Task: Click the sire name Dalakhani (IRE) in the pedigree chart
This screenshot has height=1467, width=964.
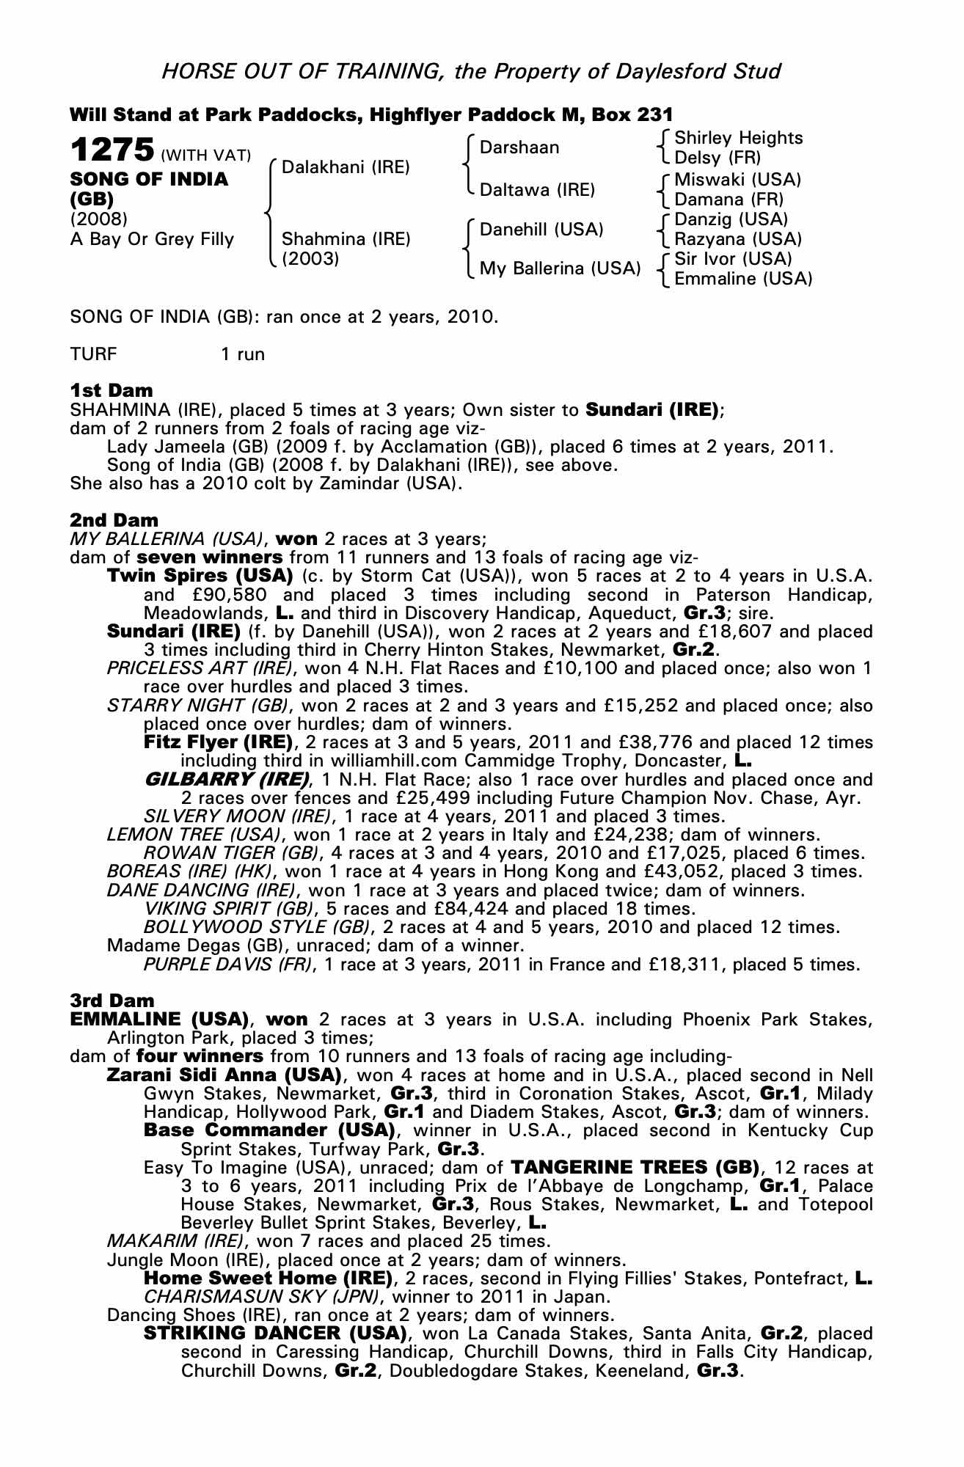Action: click(x=346, y=167)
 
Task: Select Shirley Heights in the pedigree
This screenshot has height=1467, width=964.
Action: click(x=738, y=138)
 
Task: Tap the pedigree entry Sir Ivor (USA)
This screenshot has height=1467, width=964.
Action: click(x=733, y=259)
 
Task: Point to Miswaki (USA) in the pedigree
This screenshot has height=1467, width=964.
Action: click(x=737, y=180)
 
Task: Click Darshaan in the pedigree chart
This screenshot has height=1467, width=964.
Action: click(x=519, y=147)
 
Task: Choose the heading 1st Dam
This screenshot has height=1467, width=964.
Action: click(x=112, y=390)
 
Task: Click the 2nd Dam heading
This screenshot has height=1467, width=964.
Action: click(x=114, y=520)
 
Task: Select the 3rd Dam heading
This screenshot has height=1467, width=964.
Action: click(x=112, y=1000)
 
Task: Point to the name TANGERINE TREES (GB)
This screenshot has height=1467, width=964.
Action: click(x=635, y=1167)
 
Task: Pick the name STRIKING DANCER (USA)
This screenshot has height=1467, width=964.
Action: click(x=275, y=1333)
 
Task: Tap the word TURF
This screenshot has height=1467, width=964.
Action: click(x=93, y=354)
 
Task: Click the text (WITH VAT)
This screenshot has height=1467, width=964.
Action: click(x=205, y=156)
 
